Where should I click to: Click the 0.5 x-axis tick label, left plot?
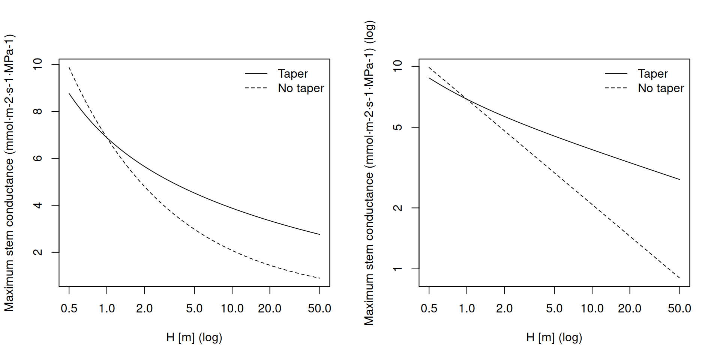point(69,309)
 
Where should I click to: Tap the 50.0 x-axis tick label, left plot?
point(319,309)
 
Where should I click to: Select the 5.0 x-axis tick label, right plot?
point(554,309)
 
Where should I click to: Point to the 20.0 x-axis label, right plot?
point(630,309)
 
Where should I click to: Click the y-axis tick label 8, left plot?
point(37,111)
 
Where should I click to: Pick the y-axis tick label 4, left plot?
point(37,205)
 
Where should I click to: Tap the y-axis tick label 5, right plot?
point(397,127)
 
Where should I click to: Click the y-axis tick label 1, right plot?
point(397,269)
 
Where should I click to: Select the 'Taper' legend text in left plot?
point(293,74)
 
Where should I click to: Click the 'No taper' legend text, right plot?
point(661,88)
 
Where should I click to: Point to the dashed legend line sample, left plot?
point(256,88)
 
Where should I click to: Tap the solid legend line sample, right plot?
point(616,74)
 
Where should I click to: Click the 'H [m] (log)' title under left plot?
point(194,337)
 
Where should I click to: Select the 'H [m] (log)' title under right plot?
point(554,337)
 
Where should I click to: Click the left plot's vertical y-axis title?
point(9,172)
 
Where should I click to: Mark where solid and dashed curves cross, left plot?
point(107,138)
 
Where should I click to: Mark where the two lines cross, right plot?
point(467,99)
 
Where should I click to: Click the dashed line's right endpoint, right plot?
point(679,278)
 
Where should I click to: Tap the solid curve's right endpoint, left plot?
point(319,234)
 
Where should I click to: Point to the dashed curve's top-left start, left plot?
point(69,67)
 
